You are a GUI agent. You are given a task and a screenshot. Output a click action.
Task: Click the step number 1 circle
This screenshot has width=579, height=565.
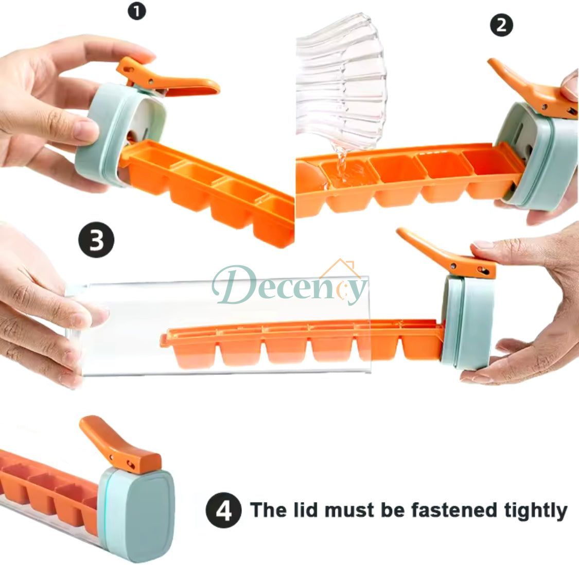click(x=136, y=11)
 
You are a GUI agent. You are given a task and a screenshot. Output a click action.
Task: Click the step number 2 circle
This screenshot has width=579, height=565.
click(x=502, y=25)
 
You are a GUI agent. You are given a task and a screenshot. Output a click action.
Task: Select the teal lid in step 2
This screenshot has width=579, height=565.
click(x=540, y=160)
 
